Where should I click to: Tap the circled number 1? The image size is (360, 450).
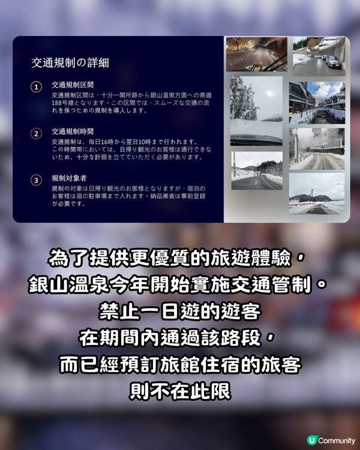click(x=36, y=88)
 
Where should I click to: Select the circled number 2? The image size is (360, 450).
click(x=36, y=133)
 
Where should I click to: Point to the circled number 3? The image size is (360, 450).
click(x=36, y=179)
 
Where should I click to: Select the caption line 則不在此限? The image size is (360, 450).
click(x=180, y=390)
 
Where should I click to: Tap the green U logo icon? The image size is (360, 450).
click(x=311, y=440)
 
